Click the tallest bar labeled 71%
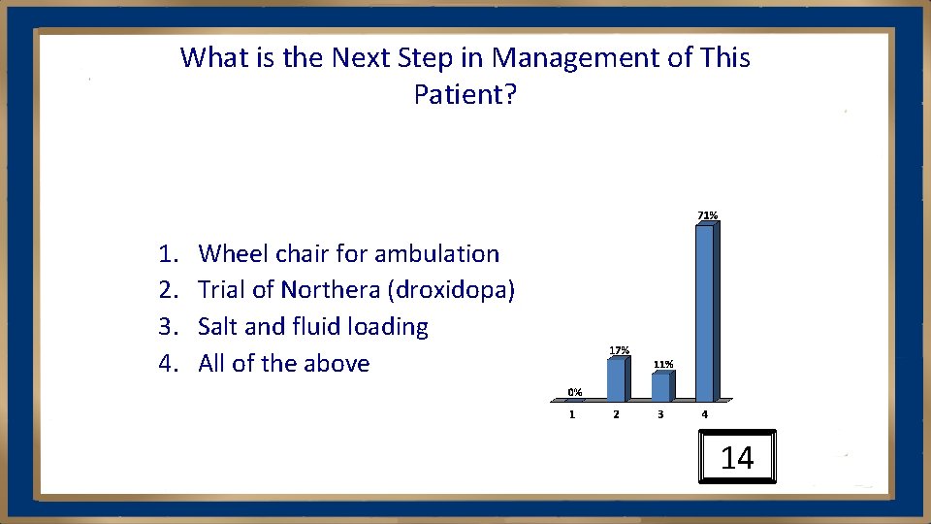tap(705, 312)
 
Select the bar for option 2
tap(616, 379)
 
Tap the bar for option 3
tap(660, 386)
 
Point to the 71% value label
tap(707, 214)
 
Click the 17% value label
tap(619, 349)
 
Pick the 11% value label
tap(663, 364)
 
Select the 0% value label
tap(574, 392)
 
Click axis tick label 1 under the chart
tap(571, 414)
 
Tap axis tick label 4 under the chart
tap(705, 414)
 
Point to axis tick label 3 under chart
tap(660, 414)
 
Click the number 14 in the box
tap(737, 458)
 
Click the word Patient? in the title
tap(465, 95)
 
